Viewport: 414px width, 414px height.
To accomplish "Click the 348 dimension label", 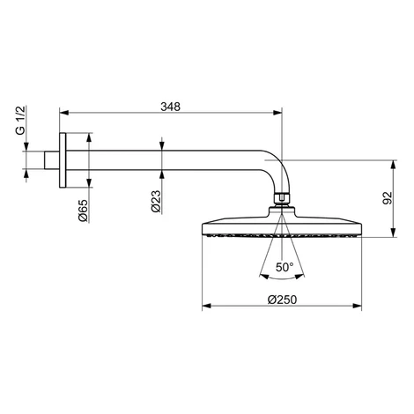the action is coord(170,107).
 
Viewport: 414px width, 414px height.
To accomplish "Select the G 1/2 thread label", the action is coord(21,120).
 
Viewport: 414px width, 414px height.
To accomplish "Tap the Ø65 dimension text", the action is coord(83,211).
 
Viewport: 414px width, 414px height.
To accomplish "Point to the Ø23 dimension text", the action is coord(156,202).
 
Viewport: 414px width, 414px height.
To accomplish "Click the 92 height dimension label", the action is coord(388,198).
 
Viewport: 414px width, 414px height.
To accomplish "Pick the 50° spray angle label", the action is coord(285,267).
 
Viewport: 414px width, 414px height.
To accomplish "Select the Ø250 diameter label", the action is coord(282,299).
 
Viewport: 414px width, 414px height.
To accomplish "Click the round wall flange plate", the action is coord(63,160).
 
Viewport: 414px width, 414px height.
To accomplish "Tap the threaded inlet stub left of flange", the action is coord(52,160).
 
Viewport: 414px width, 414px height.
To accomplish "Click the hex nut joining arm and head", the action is coord(282,197).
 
